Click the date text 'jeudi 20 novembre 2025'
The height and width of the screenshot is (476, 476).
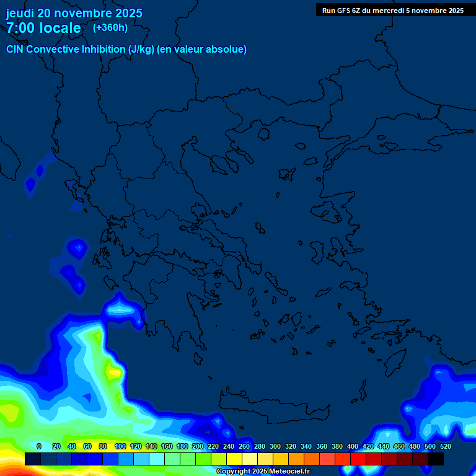(x=74, y=13)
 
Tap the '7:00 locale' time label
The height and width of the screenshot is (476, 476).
(x=43, y=28)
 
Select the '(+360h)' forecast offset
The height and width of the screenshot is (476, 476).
(x=110, y=27)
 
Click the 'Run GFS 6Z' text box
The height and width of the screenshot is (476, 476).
(x=393, y=10)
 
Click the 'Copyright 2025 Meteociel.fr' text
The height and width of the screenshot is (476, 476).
(x=263, y=471)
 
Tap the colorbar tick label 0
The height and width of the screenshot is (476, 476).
(x=39, y=446)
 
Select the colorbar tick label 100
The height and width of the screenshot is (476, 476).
(x=120, y=446)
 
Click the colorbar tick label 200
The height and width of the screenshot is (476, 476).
(x=198, y=446)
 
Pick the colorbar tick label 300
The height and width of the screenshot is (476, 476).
(x=275, y=446)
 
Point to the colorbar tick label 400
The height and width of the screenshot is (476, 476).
(x=353, y=446)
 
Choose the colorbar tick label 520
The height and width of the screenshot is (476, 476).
(x=445, y=446)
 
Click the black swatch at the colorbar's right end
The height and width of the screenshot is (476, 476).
(x=436, y=459)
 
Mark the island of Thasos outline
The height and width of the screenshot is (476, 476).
(x=263, y=134)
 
